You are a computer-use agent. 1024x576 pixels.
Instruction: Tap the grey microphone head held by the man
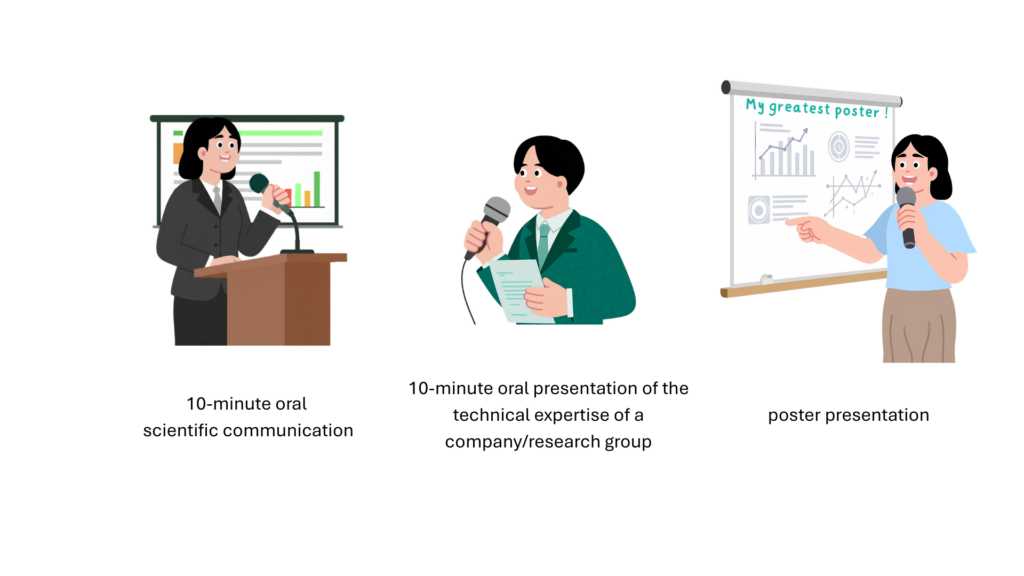click(496, 211)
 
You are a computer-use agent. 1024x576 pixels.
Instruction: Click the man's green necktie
click(543, 244)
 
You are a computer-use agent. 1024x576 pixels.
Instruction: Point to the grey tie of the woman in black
click(217, 199)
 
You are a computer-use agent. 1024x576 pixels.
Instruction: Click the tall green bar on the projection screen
click(317, 189)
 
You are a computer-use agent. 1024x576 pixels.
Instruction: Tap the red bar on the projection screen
click(288, 197)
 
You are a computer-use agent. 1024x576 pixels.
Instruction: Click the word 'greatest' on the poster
click(799, 108)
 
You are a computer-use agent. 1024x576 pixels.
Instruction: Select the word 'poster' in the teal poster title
click(857, 111)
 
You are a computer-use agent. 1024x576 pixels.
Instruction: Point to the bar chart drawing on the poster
click(784, 152)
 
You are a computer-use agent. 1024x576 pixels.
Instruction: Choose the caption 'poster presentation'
click(848, 415)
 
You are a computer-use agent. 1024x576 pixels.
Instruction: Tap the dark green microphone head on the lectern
click(259, 183)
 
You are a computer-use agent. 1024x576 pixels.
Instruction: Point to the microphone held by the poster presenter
click(907, 216)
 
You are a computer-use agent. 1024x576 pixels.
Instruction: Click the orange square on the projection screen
click(178, 153)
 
